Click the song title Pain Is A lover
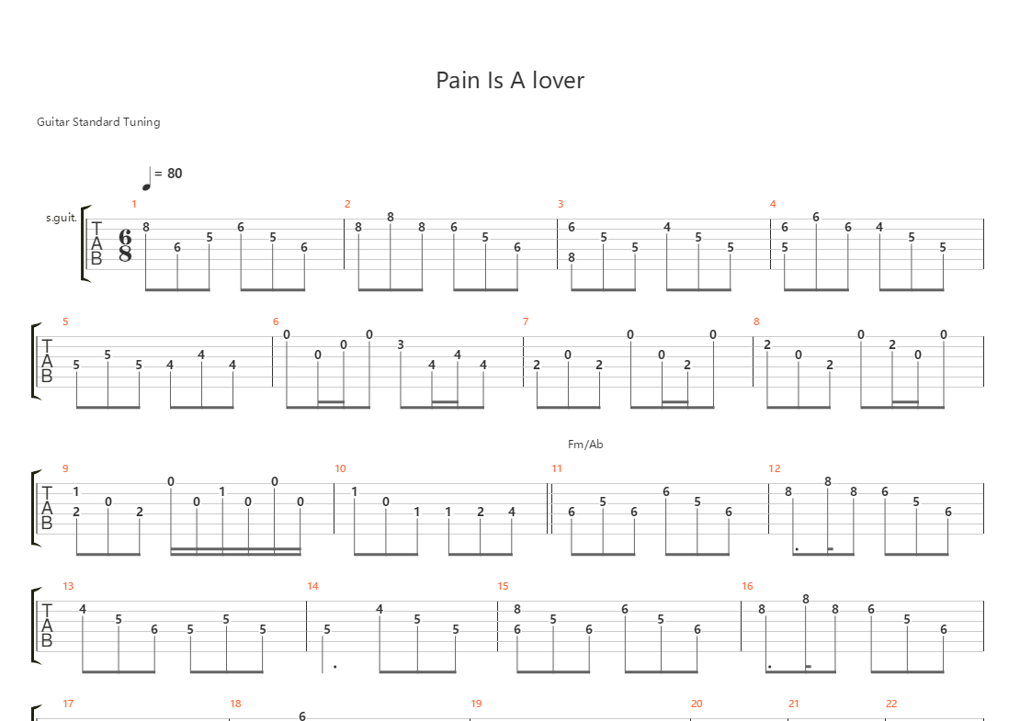click(x=510, y=80)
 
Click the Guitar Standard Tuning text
click(x=98, y=121)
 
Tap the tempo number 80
click(x=174, y=173)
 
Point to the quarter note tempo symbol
click(x=147, y=178)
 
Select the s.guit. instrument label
click(x=61, y=219)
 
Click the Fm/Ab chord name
click(x=585, y=445)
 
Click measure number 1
click(x=133, y=204)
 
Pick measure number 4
click(x=773, y=204)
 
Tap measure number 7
click(x=526, y=321)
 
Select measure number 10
click(x=340, y=468)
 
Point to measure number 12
click(x=774, y=468)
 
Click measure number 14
click(x=312, y=586)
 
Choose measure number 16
click(x=747, y=586)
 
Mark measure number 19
click(x=476, y=704)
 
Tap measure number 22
click(x=890, y=704)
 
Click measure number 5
click(x=65, y=321)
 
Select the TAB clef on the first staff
click(x=97, y=243)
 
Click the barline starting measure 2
click(x=345, y=243)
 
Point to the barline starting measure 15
click(x=497, y=625)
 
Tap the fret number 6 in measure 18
click(x=301, y=715)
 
